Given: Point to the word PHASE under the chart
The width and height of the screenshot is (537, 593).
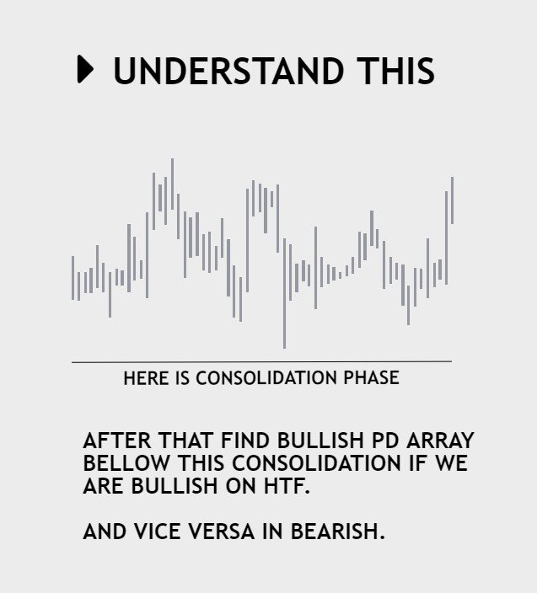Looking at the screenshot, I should coord(370,378).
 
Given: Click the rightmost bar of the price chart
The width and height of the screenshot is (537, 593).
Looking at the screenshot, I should coord(453,200).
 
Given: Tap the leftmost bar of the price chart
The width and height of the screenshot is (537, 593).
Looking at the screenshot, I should coord(73,277).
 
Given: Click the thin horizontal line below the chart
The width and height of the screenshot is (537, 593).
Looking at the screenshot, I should coord(261,361).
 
